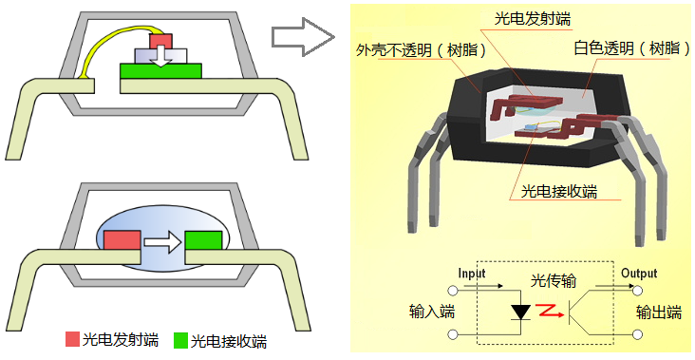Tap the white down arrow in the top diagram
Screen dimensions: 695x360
tap(161, 57)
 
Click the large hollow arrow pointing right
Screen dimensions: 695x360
tap(303, 37)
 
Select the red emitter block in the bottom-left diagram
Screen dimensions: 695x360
tap(122, 240)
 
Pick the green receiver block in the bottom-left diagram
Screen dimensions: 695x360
tap(203, 240)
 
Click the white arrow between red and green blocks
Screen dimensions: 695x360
tap(163, 242)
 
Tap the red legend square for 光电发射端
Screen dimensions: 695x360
tap(72, 339)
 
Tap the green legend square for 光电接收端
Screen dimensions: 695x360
tap(180, 340)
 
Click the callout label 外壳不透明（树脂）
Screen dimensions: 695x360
tap(422, 50)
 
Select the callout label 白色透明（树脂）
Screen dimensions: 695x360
tap(632, 47)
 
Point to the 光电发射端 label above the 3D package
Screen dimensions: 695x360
tap(533, 19)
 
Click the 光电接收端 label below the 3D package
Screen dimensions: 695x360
tap(559, 192)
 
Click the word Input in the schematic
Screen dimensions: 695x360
tap(472, 274)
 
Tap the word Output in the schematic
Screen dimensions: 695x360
tap(639, 274)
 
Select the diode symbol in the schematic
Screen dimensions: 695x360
tap(520, 312)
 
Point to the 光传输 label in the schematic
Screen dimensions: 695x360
tap(554, 281)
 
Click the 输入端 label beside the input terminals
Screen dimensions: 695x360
tap(432, 312)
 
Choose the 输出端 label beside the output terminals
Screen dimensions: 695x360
tap(659, 313)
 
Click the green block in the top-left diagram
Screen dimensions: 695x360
tap(160, 71)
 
